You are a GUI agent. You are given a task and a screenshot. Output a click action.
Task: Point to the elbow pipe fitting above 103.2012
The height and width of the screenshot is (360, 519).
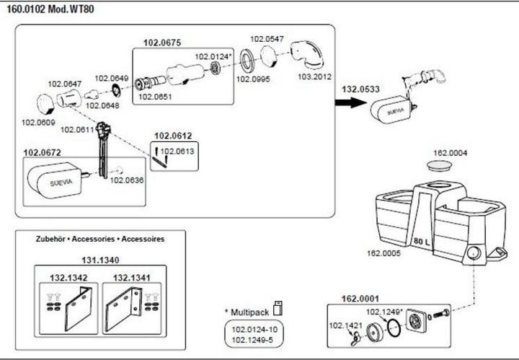tap(308, 53)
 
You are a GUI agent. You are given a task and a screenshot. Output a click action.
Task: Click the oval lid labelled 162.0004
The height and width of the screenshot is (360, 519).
tap(440, 166)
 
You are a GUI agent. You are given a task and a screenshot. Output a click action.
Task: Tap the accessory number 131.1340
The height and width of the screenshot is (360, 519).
tap(99, 261)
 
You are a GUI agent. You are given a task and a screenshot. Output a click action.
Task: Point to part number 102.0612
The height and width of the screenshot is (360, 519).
tap(172, 136)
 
